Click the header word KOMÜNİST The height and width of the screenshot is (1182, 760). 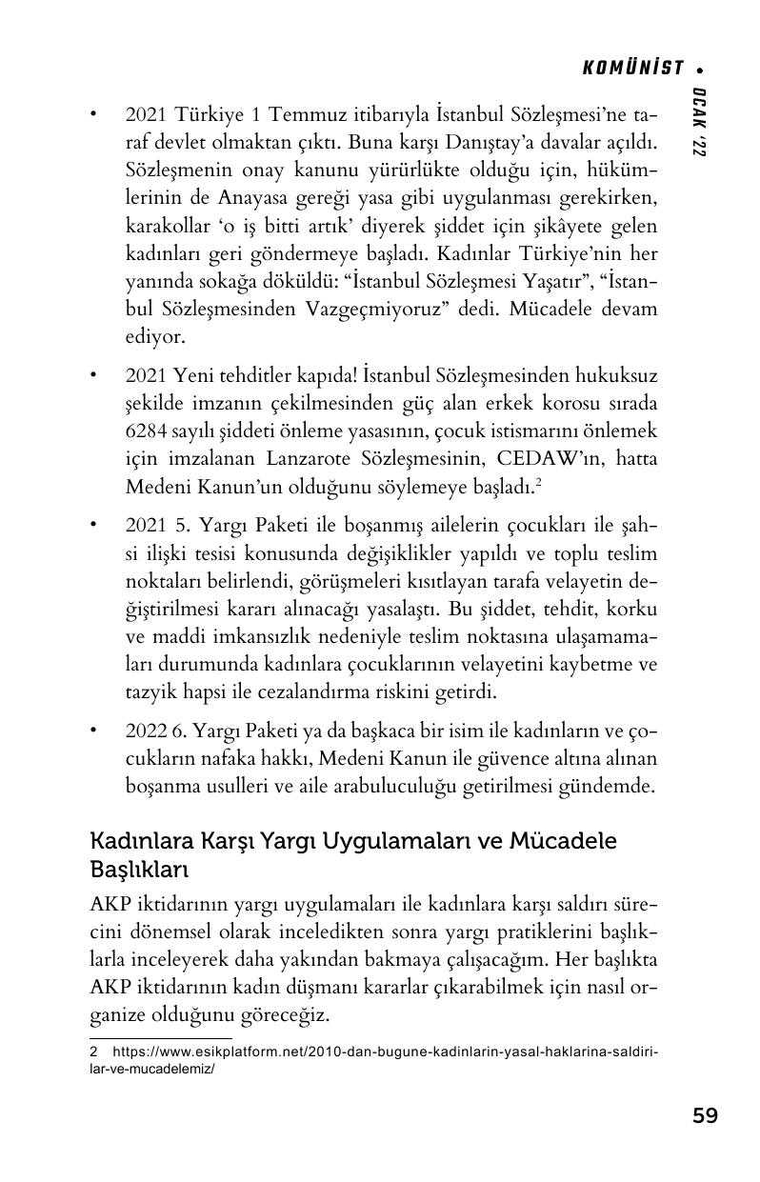click(x=632, y=68)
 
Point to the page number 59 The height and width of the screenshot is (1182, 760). click(x=705, y=1115)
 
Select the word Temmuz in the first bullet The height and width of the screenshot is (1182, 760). click(x=303, y=115)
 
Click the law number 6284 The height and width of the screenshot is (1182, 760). click(x=147, y=431)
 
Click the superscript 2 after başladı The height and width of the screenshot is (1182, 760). click(x=539, y=482)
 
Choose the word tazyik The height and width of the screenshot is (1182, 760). click(x=149, y=691)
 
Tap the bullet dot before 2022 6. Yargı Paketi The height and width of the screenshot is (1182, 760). click(x=93, y=731)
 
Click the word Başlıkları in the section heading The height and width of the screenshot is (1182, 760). click(x=139, y=870)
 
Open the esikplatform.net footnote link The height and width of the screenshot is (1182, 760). click(x=381, y=1053)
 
